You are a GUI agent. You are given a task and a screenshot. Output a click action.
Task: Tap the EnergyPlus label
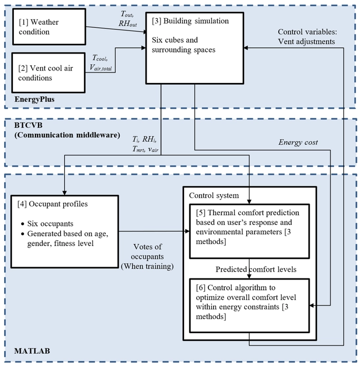34,99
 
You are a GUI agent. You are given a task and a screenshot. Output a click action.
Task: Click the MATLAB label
32,351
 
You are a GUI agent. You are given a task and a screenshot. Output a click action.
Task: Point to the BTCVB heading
28,125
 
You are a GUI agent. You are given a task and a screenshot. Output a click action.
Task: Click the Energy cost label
298,142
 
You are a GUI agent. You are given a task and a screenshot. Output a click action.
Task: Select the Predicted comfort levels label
256,269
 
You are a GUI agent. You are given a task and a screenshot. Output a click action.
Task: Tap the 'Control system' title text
214,196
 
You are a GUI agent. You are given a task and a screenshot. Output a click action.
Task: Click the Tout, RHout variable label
128,19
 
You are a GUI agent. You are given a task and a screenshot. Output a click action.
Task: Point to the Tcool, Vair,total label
101,62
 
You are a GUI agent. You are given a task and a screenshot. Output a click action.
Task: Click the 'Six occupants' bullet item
50,223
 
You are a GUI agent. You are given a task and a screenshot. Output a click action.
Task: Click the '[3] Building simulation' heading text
190,21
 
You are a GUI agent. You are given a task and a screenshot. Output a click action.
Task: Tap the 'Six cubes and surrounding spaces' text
184,45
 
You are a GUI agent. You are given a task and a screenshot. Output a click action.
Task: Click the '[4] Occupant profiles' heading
52,204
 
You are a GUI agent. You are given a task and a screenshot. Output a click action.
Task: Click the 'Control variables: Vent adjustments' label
308,37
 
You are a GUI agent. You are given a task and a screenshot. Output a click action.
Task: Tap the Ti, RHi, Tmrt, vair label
146,144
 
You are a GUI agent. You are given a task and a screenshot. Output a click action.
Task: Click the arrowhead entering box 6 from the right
312,305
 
